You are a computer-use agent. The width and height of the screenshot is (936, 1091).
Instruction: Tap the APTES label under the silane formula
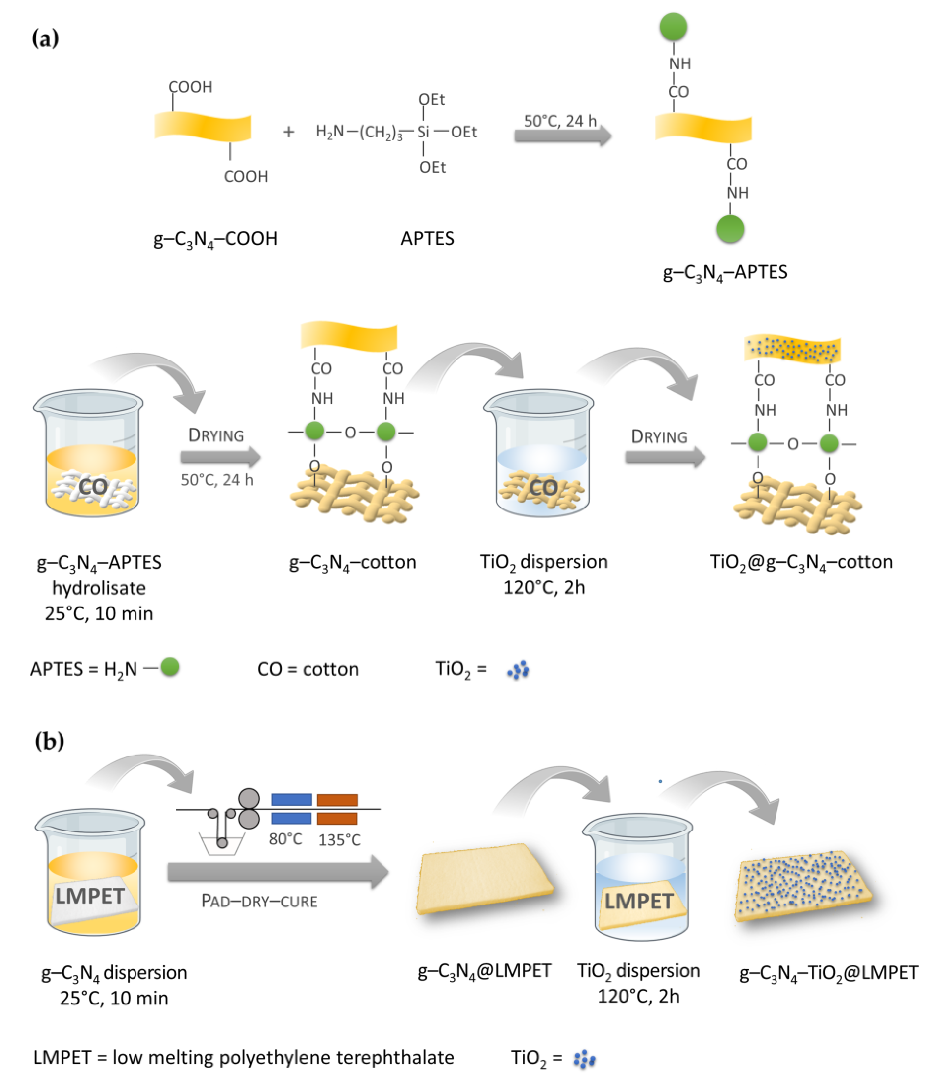[427, 238]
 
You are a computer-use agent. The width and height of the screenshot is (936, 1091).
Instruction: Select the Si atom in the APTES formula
[423, 132]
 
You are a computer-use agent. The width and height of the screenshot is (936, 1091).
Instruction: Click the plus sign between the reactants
[288, 132]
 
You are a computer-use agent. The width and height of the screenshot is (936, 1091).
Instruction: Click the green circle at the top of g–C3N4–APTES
[673, 26]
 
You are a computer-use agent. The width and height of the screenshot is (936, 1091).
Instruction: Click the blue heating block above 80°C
[291, 799]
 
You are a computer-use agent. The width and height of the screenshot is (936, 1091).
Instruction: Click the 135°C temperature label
[339, 840]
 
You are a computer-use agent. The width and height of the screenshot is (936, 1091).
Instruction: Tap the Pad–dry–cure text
[259, 901]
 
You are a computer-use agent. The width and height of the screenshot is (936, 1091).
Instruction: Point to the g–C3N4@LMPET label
[484, 970]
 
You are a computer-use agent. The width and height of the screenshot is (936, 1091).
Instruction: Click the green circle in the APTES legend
[169, 667]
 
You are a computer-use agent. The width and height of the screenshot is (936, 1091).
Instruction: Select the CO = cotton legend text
[308, 669]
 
